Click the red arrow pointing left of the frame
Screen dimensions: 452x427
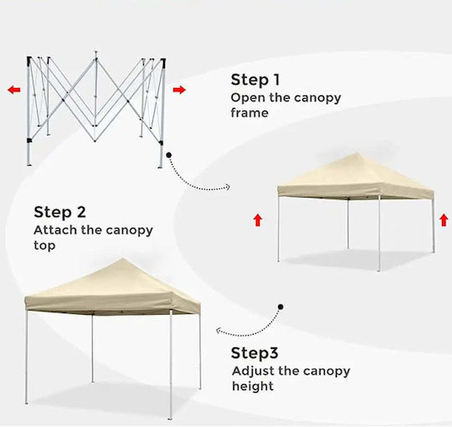14,90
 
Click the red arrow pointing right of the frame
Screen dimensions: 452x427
179,90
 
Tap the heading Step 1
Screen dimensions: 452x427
255,80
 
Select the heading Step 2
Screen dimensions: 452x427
59,213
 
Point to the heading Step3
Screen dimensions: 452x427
254,353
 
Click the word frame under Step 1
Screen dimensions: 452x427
249,113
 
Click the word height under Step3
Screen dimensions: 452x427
253,386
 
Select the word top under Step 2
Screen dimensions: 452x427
44,245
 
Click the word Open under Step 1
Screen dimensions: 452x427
249,98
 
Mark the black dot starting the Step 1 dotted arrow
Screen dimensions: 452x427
169,155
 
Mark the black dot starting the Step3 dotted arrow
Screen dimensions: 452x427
280,306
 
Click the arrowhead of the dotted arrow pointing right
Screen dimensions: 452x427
228,188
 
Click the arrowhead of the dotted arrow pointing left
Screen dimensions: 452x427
219,331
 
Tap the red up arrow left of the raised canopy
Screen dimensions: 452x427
258,220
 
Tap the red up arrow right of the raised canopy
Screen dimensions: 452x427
444,220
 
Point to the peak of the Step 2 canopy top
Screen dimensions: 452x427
122,259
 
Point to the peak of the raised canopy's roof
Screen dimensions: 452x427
357,154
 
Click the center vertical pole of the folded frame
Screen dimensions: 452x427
95,96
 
